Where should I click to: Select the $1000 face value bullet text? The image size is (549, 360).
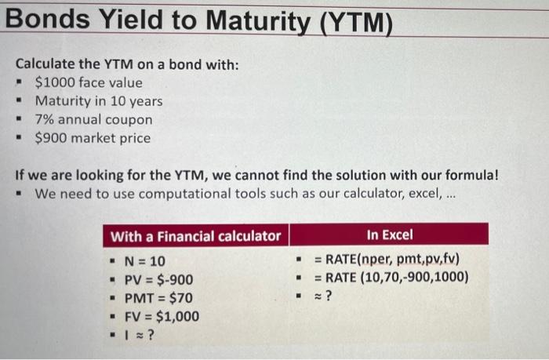(89, 82)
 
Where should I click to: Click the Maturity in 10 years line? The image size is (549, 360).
(99, 101)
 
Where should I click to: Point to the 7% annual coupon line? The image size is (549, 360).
(93, 120)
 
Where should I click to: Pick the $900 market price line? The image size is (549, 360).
(93, 138)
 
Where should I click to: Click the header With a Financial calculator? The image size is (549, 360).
(195, 235)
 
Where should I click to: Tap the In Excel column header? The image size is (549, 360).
(388, 235)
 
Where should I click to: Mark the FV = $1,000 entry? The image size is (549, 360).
(162, 317)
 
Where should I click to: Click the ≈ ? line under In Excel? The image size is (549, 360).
(323, 296)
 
